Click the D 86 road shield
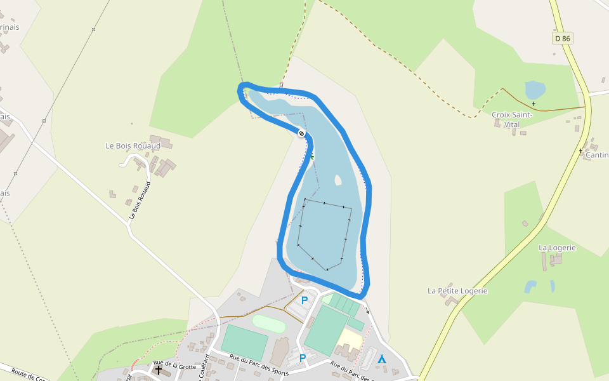point(562,39)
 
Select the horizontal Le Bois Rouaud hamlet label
point(133,145)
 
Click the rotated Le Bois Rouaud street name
point(141,201)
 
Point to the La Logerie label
point(557,248)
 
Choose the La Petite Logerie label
point(457,291)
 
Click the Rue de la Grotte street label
point(175,366)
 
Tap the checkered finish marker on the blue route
point(301,133)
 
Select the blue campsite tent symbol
point(381,359)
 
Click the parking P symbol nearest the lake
point(304,300)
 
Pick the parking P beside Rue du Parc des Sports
point(303,358)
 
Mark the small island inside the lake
point(337,180)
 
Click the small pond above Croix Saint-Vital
point(534,90)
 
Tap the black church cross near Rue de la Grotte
point(158,369)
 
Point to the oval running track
point(269,323)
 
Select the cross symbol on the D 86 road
point(580,151)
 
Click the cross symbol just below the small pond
point(534,104)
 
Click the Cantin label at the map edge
point(597,155)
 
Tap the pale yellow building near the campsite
point(351,338)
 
